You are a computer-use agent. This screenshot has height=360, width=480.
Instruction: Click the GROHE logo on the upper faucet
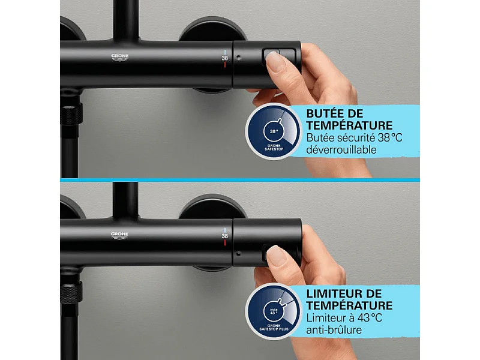coord(120,58)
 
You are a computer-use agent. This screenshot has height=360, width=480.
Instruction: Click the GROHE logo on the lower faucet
coord(120,235)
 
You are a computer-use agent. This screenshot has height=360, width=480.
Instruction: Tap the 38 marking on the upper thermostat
coord(225,58)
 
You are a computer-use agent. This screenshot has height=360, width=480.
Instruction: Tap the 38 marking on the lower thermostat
coord(225,236)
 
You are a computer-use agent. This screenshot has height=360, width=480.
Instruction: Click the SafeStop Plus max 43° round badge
coord(274,311)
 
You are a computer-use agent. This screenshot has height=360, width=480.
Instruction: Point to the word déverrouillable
coord(341,149)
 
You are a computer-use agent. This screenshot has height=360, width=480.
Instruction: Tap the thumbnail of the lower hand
coord(275,256)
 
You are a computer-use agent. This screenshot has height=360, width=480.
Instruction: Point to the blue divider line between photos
coord(240,179)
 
